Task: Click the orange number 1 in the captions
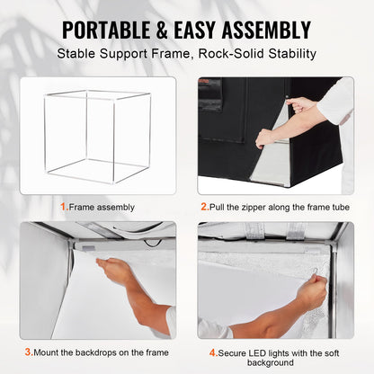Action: (x=63, y=207)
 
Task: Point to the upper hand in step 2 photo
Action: (x=302, y=105)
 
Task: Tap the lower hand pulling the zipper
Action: (x=264, y=138)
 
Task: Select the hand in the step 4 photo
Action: (x=311, y=293)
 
